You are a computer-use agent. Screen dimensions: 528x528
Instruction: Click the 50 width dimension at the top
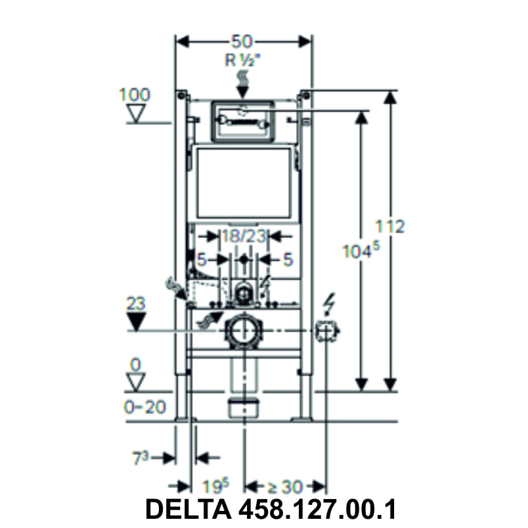[x=244, y=41]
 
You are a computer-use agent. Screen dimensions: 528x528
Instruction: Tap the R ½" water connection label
[x=244, y=60]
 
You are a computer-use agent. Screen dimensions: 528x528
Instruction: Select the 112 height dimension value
[x=390, y=225]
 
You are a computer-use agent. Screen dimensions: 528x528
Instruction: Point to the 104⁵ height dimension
[x=361, y=251]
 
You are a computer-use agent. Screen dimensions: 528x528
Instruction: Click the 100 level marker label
[x=134, y=94]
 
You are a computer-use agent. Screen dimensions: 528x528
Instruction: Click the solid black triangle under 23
[x=136, y=321]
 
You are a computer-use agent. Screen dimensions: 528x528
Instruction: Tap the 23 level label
[x=136, y=303]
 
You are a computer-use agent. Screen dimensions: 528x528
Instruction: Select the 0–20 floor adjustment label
[x=144, y=407]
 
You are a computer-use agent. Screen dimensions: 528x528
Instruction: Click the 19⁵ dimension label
[x=215, y=487]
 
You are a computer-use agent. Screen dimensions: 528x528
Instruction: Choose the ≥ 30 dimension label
[x=284, y=487]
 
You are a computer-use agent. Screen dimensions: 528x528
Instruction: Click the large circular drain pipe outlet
[x=244, y=332]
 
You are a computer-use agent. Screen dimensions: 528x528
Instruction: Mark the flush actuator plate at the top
[x=243, y=120]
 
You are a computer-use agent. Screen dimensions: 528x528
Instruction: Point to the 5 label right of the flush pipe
[x=287, y=259]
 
